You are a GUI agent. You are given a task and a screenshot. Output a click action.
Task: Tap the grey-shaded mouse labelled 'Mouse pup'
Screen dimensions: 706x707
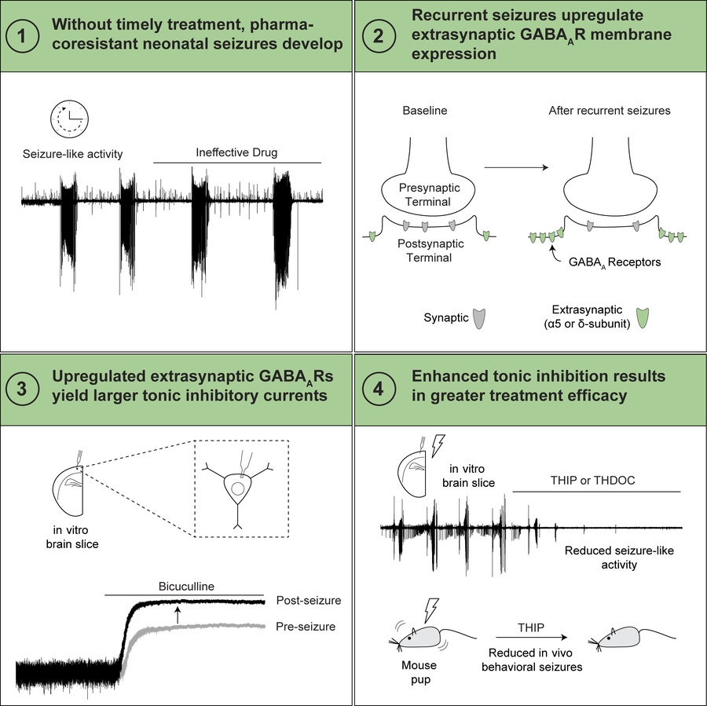[x=420, y=641]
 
